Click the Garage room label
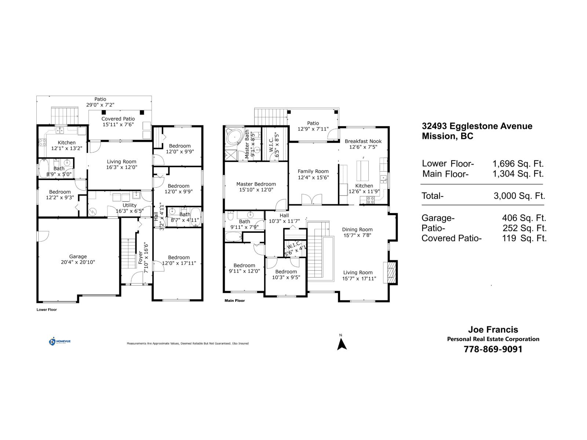[78, 257]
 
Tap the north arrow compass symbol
[342, 343]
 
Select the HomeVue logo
[60, 342]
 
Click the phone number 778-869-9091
[493, 349]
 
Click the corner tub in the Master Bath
[233, 137]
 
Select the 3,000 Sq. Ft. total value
[519, 196]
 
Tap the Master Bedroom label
[256, 184]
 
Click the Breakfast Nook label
[363, 141]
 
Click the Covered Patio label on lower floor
[118, 119]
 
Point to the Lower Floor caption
[47, 309]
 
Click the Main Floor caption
[234, 301]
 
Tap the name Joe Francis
[493, 330]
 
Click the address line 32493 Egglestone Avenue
[477, 126]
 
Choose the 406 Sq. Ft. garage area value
[524, 218]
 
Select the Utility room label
[130, 205]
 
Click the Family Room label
[313, 171]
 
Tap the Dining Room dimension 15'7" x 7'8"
[357, 235]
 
